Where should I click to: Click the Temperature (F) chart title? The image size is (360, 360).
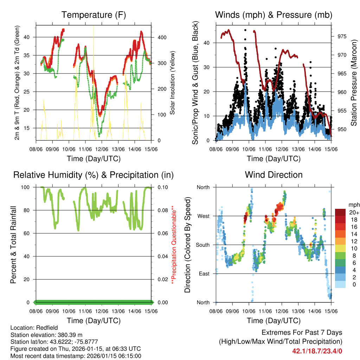[x=94, y=15]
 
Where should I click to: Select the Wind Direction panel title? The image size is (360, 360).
[x=274, y=175]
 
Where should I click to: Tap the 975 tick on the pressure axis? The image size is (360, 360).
[x=339, y=36]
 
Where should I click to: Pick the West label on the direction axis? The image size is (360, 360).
[x=203, y=216]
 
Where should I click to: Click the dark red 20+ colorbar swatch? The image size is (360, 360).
[x=341, y=212]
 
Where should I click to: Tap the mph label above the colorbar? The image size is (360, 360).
[x=353, y=205]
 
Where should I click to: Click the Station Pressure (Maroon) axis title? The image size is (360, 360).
[x=354, y=83]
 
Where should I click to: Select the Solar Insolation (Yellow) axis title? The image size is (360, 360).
[x=173, y=83]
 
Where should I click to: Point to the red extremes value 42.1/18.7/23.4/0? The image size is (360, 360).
[x=317, y=351]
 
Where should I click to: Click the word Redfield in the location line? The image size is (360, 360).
[x=44, y=327]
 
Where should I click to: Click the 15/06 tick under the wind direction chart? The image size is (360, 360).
[x=331, y=311]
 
